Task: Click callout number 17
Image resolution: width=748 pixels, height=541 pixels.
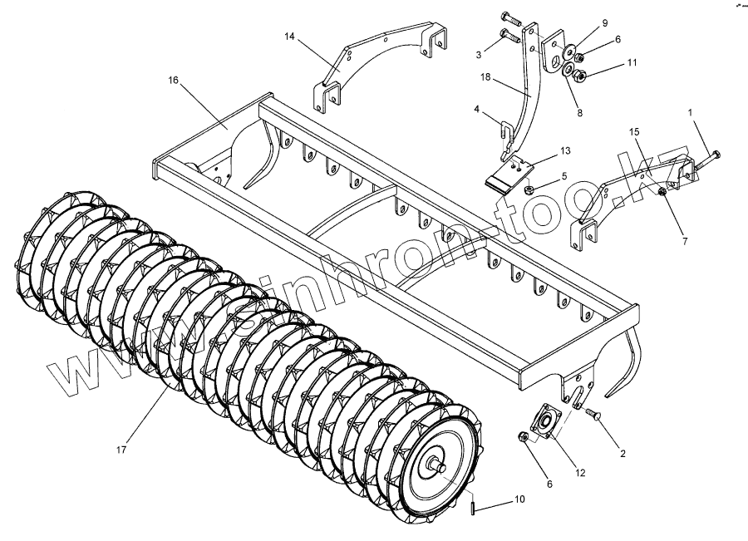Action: tap(121, 450)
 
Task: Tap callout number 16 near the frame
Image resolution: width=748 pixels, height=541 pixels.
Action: tap(173, 81)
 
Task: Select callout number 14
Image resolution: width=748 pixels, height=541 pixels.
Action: tap(289, 37)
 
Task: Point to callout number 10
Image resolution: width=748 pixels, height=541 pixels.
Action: tap(519, 499)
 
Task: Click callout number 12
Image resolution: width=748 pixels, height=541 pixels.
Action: tap(580, 473)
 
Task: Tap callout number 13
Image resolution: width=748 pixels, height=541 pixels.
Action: tap(565, 150)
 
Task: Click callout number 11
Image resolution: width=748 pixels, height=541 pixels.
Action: tap(632, 62)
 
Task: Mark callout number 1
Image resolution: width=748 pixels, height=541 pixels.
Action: tap(689, 111)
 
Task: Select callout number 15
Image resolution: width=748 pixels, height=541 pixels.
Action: tap(634, 132)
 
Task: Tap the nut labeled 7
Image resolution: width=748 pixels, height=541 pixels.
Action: tap(661, 193)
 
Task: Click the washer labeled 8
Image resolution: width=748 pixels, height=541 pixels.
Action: tap(572, 76)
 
